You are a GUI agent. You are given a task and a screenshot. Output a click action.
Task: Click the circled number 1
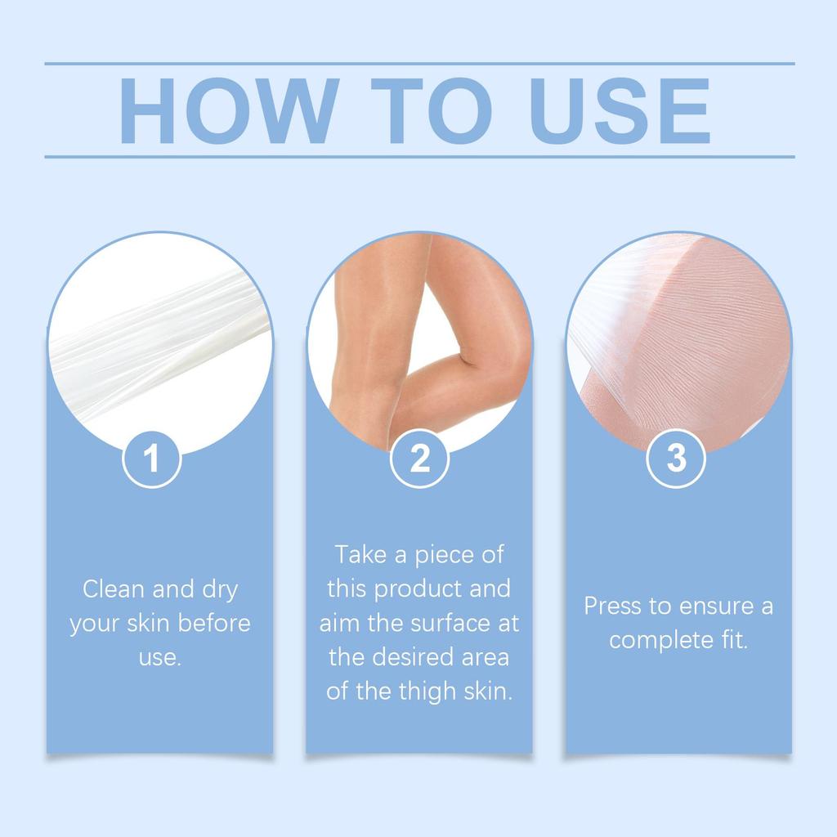(x=152, y=459)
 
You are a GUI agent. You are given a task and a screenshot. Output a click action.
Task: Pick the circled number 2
(x=419, y=459)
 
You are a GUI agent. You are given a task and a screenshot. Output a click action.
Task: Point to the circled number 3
(x=676, y=459)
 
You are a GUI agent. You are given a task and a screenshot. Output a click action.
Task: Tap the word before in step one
(x=213, y=624)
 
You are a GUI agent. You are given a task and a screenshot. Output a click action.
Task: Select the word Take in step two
(x=360, y=555)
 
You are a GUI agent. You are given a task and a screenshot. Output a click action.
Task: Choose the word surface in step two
(x=442, y=624)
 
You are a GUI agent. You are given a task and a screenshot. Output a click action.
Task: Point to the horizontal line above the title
(x=419, y=63)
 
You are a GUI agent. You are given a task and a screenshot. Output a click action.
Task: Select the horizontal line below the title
(x=419, y=156)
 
